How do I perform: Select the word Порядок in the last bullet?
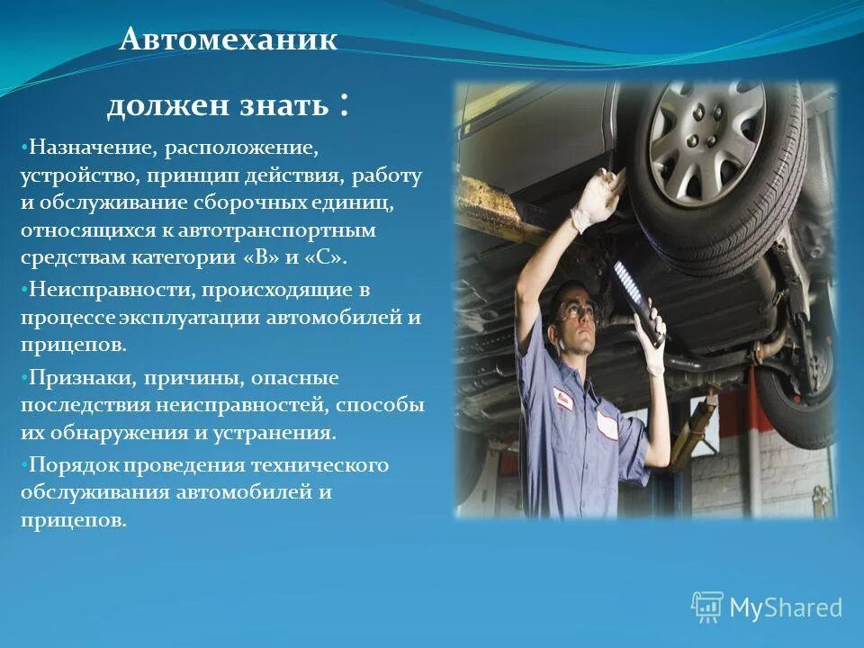[x=73, y=464]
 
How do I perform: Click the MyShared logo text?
[x=786, y=607]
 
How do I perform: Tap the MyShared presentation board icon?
[x=706, y=607]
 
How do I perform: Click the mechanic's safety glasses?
[x=576, y=312]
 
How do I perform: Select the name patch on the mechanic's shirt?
[x=563, y=398]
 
